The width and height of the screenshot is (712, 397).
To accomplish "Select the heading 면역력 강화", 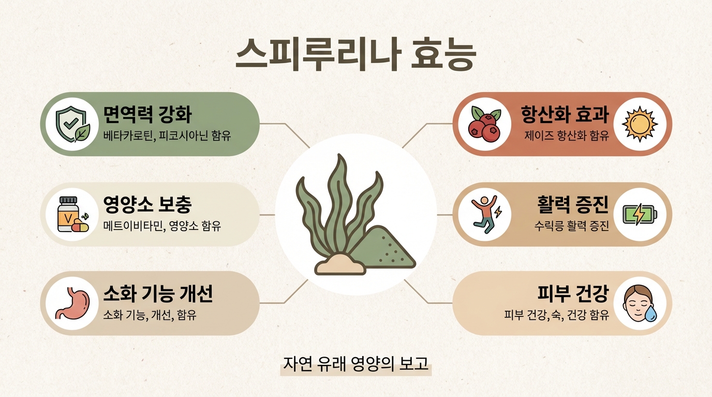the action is pyautogui.click(x=148, y=114).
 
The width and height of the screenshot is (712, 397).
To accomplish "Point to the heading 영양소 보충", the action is pyautogui.click(x=148, y=204).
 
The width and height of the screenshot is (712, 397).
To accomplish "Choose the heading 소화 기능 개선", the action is pyautogui.click(x=158, y=294).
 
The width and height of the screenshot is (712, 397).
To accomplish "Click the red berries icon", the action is pyautogui.click(x=485, y=124).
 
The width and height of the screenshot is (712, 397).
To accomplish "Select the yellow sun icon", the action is pyautogui.click(x=640, y=124).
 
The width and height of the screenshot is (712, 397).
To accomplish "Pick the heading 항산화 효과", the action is pyautogui.click(x=565, y=114).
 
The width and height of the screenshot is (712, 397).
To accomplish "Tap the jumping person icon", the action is pyautogui.click(x=485, y=215).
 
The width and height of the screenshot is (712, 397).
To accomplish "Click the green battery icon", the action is pyautogui.click(x=640, y=215).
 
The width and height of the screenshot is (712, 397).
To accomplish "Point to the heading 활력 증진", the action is pyautogui.click(x=573, y=204).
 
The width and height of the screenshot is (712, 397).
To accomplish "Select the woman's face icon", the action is pyautogui.click(x=640, y=303).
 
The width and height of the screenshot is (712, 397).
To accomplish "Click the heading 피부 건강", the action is pyautogui.click(x=573, y=294).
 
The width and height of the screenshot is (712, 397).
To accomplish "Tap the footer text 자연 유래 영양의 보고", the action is pyautogui.click(x=355, y=363).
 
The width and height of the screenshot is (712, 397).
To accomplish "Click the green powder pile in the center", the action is pyautogui.click(x=383, y=249).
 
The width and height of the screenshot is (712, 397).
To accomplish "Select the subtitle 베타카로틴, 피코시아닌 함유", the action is pyautogui.click(x=167, y=136).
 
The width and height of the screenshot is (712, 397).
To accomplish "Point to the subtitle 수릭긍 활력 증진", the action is pyautogui.click(x=571, y=226).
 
